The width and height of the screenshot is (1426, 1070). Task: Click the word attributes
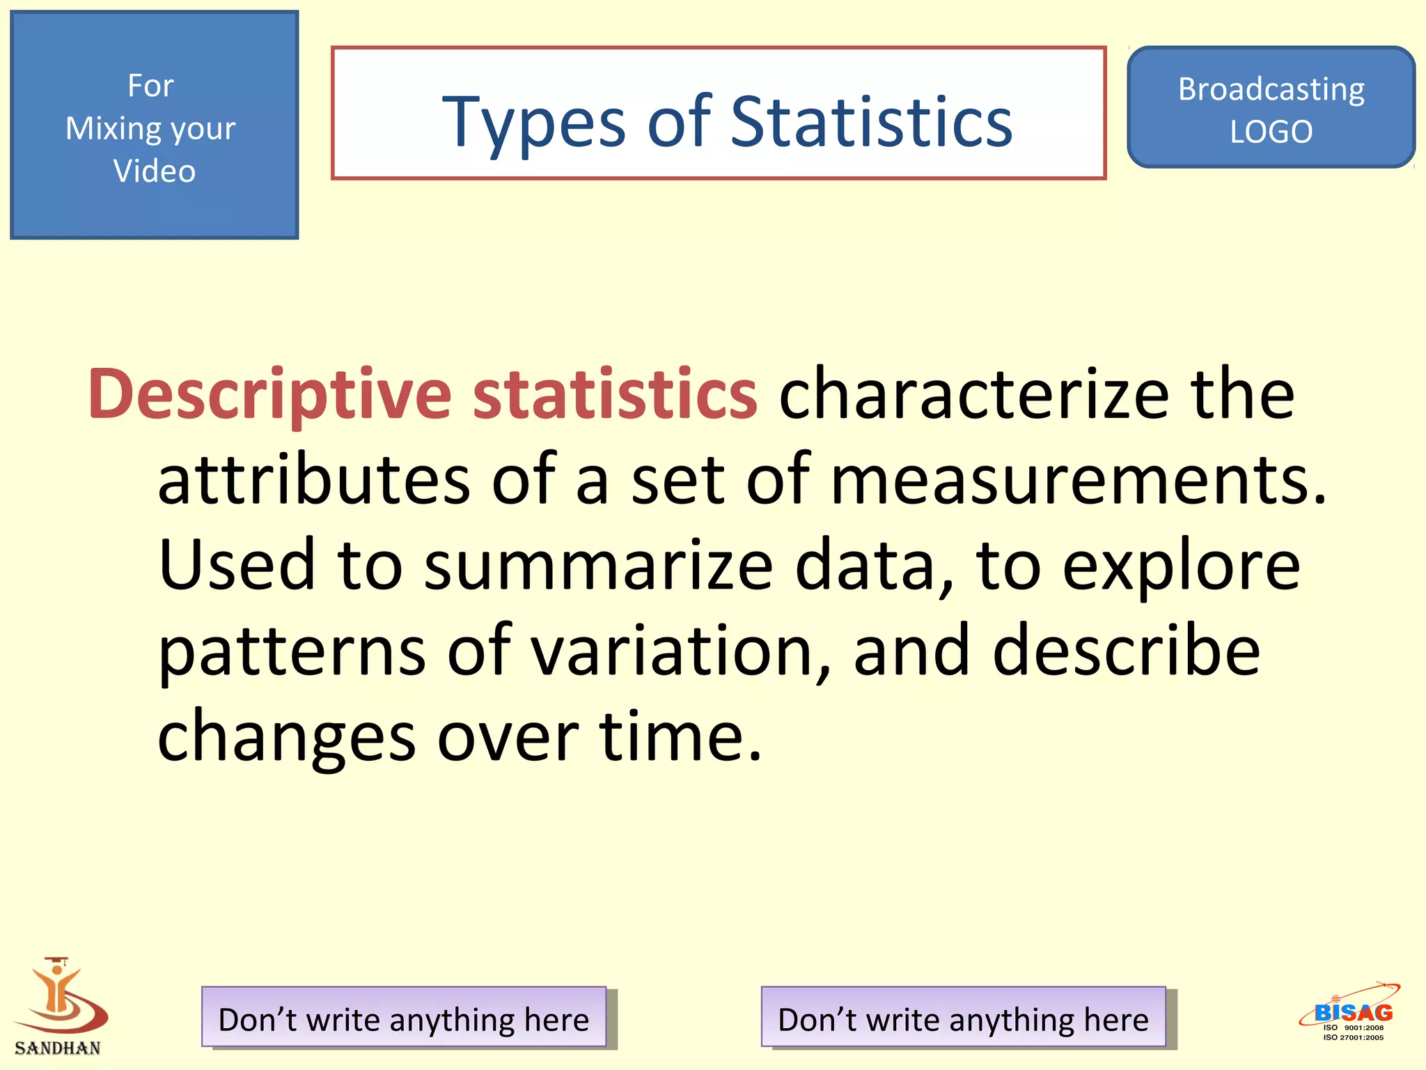pos(314,481)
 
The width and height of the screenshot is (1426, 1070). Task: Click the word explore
pos(1181,566)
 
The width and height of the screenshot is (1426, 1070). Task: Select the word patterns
pos(292,651)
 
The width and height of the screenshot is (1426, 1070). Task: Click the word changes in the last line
pos(286,737)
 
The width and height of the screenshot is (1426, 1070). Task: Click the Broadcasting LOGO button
pos(1271,109)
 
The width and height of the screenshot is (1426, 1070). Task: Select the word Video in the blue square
pos(155,171)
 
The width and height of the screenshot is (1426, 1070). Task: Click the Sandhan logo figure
pos(59,996)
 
